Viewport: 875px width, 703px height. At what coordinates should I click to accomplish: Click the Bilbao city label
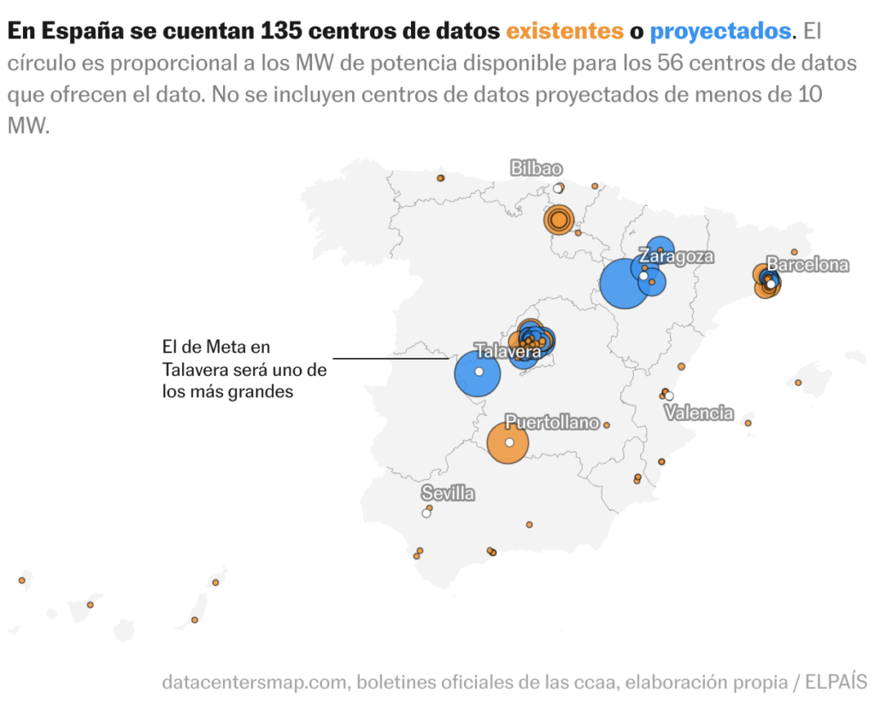(537, 167)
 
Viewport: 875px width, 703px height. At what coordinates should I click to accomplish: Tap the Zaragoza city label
(677, 256)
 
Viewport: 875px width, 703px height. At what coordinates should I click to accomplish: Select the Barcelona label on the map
(807, 265)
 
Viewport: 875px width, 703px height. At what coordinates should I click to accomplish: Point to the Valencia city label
(699, 413)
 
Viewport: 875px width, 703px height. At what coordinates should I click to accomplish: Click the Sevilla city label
(448, 494)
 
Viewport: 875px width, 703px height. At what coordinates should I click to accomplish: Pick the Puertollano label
(552, 422)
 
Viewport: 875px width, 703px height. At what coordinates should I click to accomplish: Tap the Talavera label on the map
(508, 351)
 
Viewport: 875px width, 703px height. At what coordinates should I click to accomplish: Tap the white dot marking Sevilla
(426, 513)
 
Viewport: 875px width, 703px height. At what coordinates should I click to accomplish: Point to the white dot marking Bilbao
(557, 189)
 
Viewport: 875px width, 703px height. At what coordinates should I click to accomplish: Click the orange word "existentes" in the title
(565, 32)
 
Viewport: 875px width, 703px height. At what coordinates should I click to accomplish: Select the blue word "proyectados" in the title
(720, 32)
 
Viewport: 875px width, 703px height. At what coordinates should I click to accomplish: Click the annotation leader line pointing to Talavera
(390, 358)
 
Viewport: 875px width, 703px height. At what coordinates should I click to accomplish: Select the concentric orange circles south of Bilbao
(558, 220)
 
